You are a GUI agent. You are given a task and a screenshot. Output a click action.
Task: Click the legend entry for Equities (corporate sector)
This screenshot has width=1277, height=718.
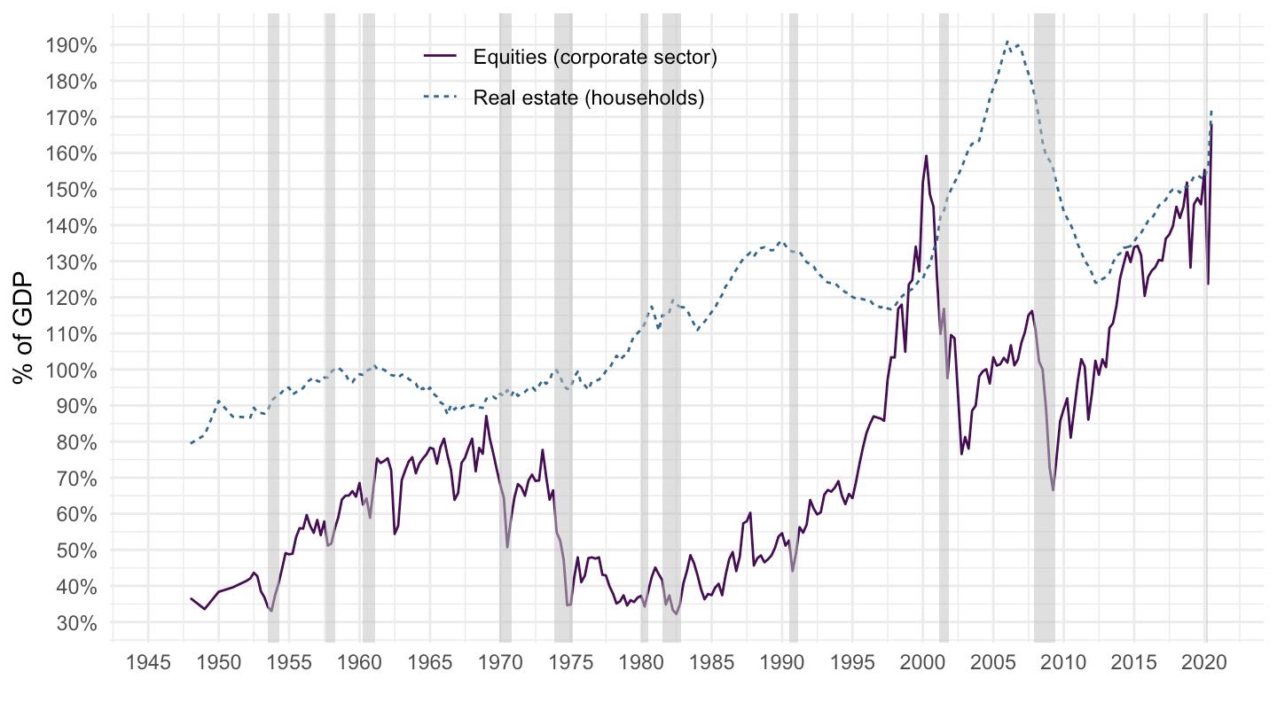pos(594,58)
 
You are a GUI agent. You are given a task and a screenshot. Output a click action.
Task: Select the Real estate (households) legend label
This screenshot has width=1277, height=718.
pos(588,98)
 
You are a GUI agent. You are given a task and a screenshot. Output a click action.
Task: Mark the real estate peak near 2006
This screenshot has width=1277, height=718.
pos(1007,41)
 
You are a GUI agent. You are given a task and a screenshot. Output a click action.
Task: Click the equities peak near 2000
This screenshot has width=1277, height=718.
pos(927,156)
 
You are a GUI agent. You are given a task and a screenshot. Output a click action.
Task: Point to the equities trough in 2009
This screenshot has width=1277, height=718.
pos(1053,490)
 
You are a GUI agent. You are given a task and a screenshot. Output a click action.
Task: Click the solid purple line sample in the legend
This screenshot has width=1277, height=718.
pos(440,58)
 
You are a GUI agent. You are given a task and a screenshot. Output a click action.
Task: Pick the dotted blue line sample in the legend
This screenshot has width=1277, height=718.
pos(440,98)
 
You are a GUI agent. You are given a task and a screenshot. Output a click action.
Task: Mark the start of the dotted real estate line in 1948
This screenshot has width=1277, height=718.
pos(191,443)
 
